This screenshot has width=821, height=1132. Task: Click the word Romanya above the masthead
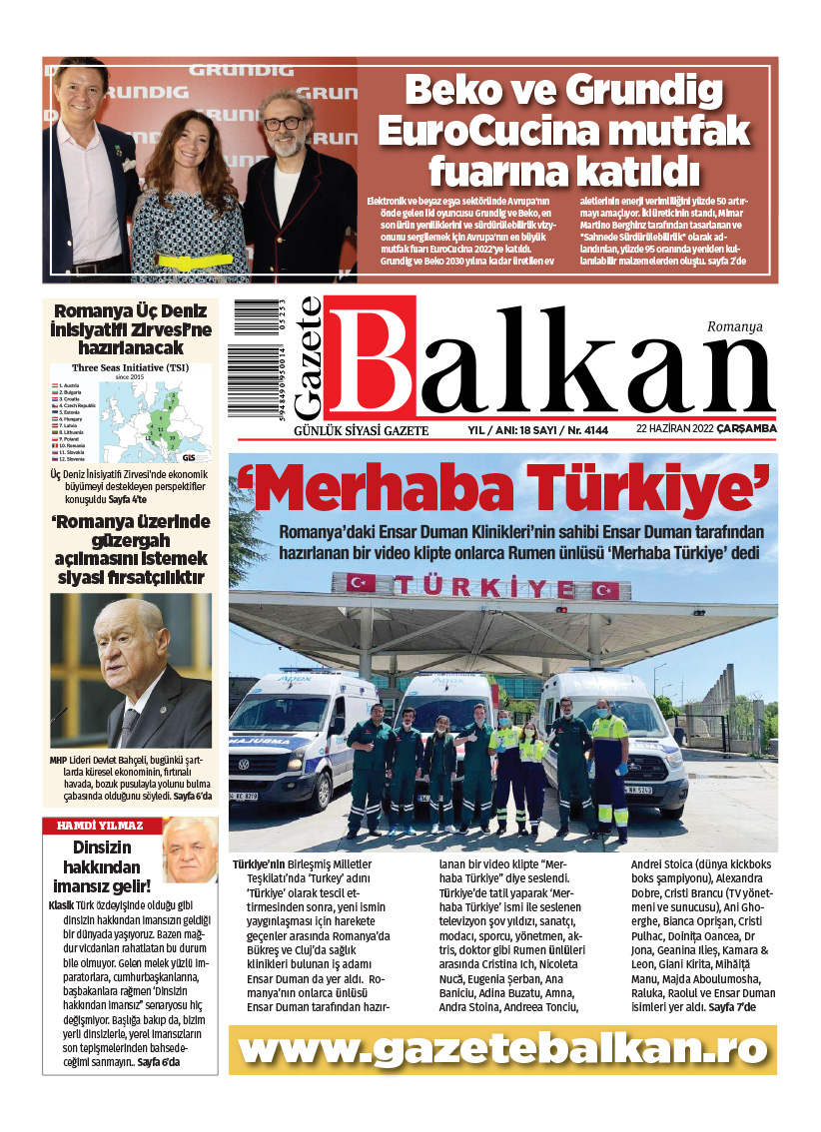pyautogui.click(x=734, y=325)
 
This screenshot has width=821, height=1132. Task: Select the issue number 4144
pyautogui.click(x=586, y=429)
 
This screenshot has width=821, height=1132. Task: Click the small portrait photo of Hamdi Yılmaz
pyautogui.click(x=189, y=849)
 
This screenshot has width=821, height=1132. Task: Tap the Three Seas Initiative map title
pyautogui.click(x=131, y=367)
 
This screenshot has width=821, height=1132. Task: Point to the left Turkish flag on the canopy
pyautogui.click(x=361, y=583)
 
